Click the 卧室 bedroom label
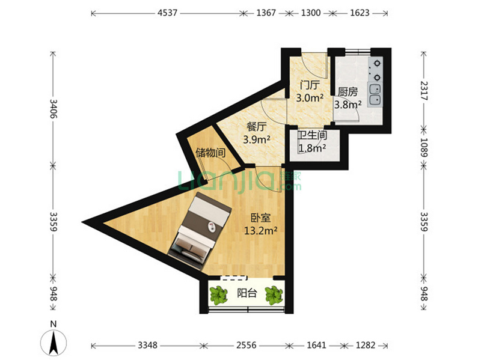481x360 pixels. point(261,218)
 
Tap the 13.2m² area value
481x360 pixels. point(261,230)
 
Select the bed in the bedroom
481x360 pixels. point(200,228)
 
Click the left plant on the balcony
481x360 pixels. point(219,295)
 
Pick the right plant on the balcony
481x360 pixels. point(274,295)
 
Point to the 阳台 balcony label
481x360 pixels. point(247,293)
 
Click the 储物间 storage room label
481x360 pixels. point(211,153)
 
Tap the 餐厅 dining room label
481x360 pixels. point(257,126)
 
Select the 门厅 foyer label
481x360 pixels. point(310,85)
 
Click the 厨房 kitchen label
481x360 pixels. point(348,92)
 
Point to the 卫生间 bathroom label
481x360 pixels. point(312,135)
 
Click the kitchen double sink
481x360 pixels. point(375,94)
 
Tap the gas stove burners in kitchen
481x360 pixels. point(376,70)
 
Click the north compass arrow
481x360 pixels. point(54,343)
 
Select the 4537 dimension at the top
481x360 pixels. point(168,13)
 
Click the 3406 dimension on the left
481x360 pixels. point(54,109)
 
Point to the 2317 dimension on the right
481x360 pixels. point(424,91)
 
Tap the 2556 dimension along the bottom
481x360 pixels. point(247,346)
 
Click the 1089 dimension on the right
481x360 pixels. point(424,147)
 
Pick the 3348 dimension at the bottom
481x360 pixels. point(147,346)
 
